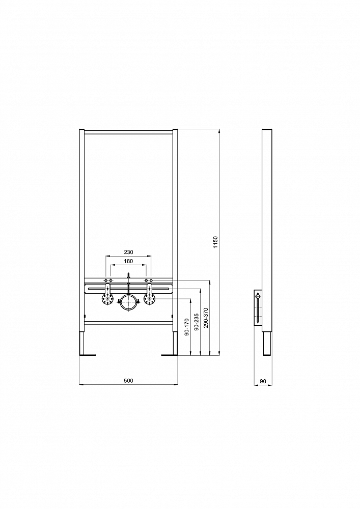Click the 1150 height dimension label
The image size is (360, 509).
pos(215,242)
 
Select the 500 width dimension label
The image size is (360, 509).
pos(128,380)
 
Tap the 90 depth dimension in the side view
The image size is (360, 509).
pos(263,381)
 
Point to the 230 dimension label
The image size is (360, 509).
pos(128,252)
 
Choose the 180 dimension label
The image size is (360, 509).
pos(128,261)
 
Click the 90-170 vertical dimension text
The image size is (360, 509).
pos(186,327)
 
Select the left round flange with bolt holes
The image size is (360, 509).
pos(107,299)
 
